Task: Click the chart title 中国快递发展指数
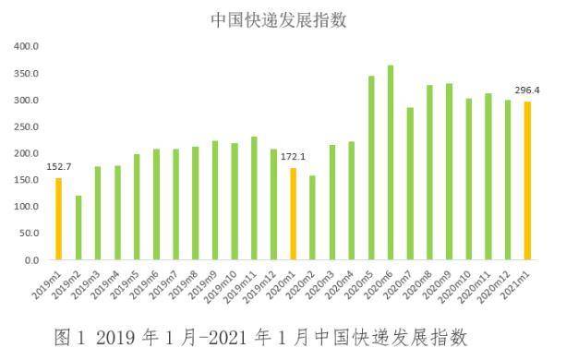(x=283, y=18)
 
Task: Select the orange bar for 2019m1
(x=58, y=219)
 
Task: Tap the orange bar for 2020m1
(x=293, y=213)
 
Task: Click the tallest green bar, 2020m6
(x=391, y=162)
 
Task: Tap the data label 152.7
(x=57, y=167)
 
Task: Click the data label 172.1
(x=293, y=157)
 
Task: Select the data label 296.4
(x=528, y=90)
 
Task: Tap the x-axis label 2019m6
(x=148, y=282)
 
